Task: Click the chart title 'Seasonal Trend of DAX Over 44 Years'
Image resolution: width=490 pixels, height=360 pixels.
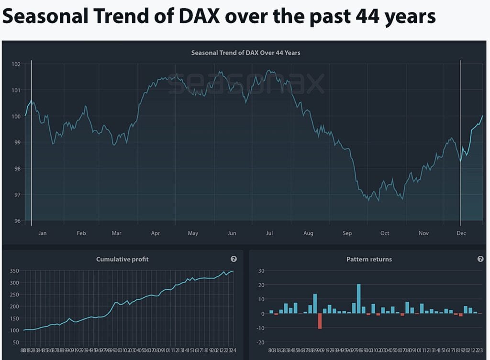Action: [x=245, y=53]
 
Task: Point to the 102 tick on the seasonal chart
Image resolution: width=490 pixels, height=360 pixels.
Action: [x=16, y=64]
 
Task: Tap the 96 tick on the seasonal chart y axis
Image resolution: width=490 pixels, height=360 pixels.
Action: [x=17, y=221]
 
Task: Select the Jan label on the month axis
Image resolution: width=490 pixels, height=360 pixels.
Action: [x=43, y=233]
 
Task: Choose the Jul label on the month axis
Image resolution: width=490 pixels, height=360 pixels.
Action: [x=269, y=233]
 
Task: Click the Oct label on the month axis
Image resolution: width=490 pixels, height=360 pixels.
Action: [x=385, y=233]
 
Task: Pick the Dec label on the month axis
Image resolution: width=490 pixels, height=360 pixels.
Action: [x=461, y=233]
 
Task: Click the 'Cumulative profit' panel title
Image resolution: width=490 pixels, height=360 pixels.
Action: [x=122, y=259]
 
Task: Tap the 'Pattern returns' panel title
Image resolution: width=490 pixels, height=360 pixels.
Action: [x=369, y=259]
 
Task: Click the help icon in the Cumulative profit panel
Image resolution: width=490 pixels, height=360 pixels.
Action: [x=234, y=259]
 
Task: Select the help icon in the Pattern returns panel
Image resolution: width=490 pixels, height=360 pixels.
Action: [x=480, y=259]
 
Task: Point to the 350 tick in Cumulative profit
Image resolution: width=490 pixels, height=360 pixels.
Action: [x=14, y=271]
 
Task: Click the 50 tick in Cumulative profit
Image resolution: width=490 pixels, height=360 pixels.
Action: [x=16, y=342]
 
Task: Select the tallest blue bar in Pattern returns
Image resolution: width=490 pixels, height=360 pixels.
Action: [x=359, y=299]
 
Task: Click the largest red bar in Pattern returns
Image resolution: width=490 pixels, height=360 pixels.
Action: [x=320, y=321]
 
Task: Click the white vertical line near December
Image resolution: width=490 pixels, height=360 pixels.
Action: [x=460, y=143]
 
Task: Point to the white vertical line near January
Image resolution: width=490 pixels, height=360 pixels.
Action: [x=31, y=143]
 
